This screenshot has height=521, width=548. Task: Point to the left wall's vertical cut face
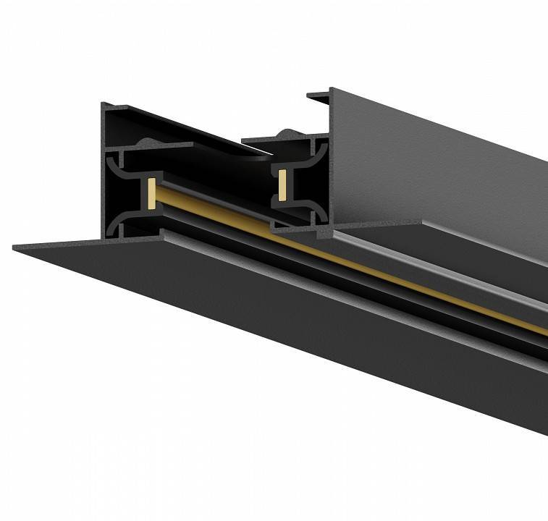[x=106, y=174]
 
